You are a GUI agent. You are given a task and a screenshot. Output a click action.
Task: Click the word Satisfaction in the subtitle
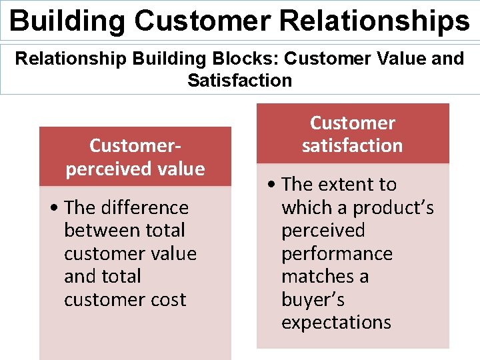(x=239, y=81)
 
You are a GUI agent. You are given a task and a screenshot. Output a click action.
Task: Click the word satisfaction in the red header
(x=352, y=145)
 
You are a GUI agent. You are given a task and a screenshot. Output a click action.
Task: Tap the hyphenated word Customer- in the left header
(x=135, y=145)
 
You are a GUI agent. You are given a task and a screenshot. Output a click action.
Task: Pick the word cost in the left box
(x=167, y=300)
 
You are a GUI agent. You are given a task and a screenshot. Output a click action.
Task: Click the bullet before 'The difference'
(x=53, y=208)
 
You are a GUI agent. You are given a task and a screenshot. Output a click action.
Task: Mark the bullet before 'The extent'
(x=271, y=185)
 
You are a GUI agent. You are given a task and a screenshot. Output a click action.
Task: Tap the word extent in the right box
(x=347, y=185)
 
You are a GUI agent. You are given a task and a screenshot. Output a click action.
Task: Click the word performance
(x=337, y=254)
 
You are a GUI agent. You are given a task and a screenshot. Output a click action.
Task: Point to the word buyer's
(x=313, y=300)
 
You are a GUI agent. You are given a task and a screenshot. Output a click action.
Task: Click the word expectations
(x=336, y=323)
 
